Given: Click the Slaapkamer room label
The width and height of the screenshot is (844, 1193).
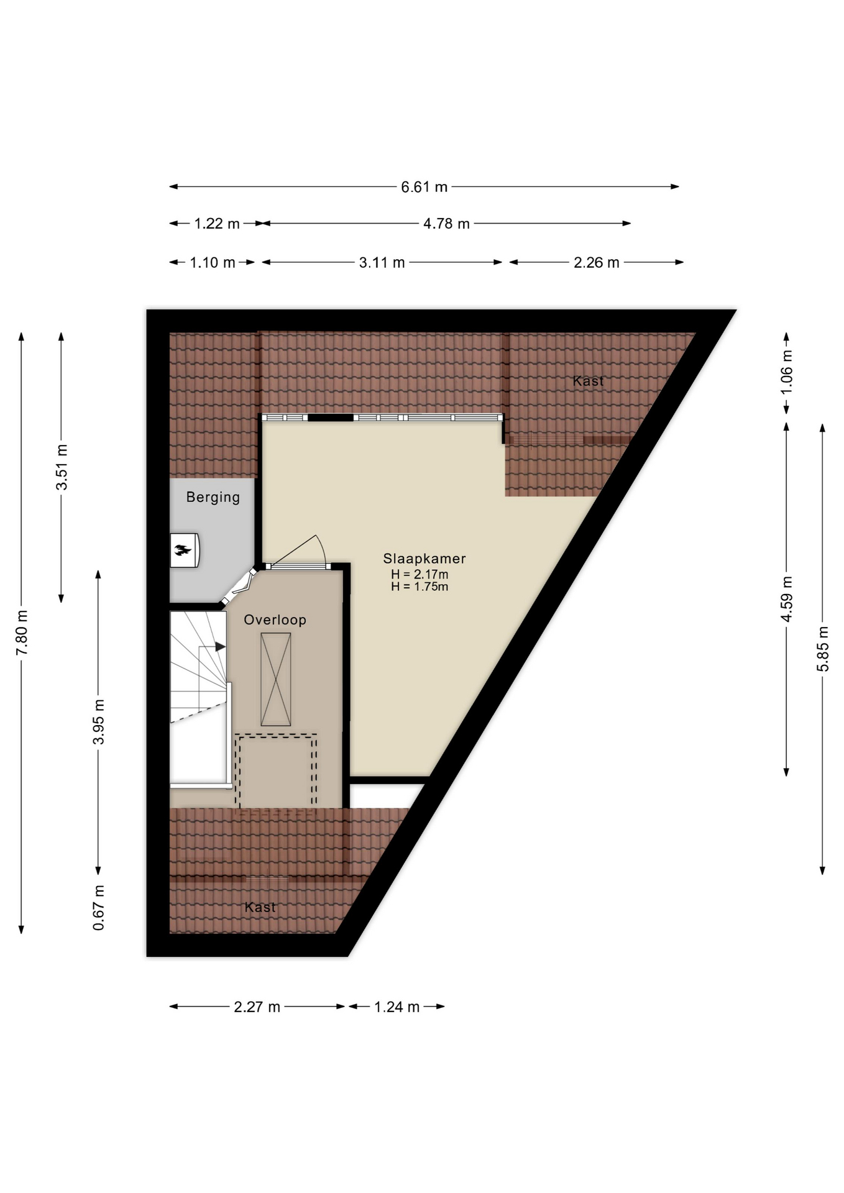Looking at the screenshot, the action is (x=424, y=559).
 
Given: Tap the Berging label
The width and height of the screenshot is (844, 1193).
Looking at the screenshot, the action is (x=213, y=497).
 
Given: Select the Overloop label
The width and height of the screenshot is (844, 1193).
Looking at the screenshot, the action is (x=275, y=619).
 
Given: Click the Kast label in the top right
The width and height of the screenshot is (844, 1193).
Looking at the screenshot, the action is (x=588, y=381).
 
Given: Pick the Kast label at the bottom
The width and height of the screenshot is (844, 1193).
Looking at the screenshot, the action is (x=260, y=907).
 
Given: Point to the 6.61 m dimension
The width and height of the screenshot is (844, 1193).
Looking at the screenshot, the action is (x=424, y=187).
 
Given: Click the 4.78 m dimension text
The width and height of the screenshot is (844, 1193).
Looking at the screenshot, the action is (x=446, y=224).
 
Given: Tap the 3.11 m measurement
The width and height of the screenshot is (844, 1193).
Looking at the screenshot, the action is (x=382, y=263).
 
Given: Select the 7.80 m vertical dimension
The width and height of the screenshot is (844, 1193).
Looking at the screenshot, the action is (x=22, y=633).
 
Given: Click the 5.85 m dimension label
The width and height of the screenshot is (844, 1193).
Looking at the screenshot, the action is (x=823, y=649).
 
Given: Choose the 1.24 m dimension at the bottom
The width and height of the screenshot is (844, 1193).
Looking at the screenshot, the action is (x=397, y=1007).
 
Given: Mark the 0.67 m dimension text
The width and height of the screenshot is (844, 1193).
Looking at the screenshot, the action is (x=99, y=908).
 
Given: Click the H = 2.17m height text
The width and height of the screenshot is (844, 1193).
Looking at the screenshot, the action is (x=420, y=575).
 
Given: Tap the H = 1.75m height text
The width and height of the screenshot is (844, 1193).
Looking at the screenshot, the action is (x=420, y=587).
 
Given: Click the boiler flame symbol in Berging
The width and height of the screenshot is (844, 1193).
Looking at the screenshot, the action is (x=183, y=549).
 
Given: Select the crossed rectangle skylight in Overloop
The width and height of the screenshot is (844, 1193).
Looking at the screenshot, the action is (x=276, y=679).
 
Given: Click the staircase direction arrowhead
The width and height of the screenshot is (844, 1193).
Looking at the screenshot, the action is (x=221, y=647).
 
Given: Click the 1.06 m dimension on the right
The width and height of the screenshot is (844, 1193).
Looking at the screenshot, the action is (x=787, y=372).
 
